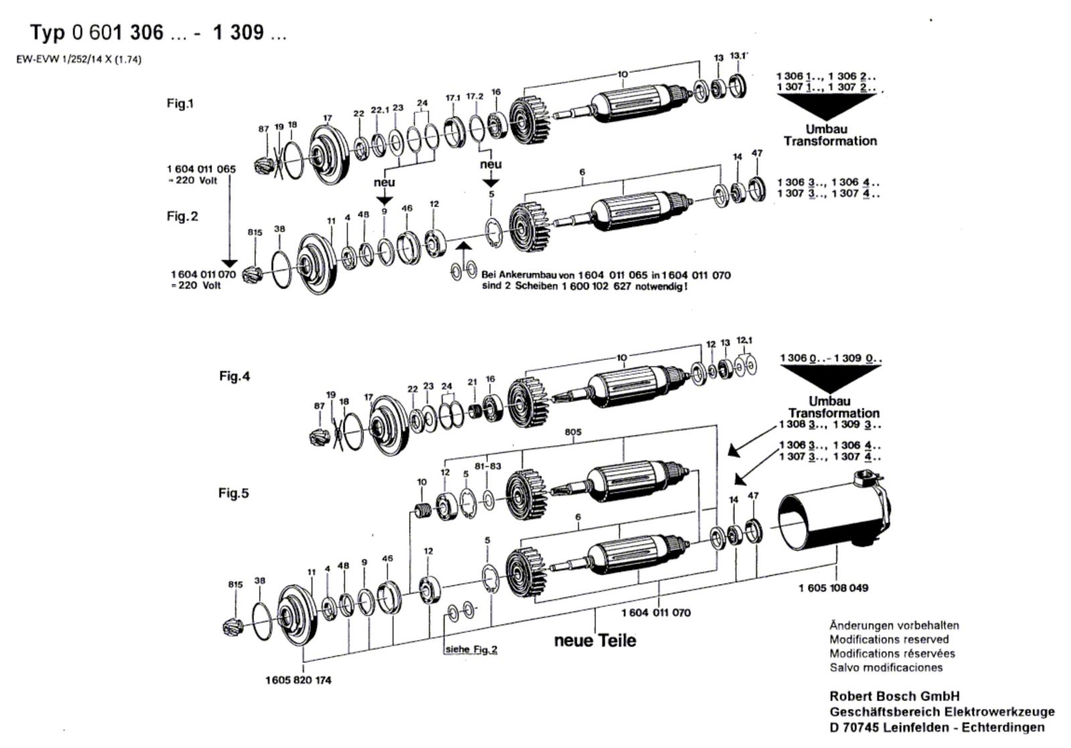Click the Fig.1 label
point(180,103)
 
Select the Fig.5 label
point(234,493)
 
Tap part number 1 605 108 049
point(833,587)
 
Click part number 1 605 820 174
point(298,680)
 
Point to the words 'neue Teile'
point(595,640)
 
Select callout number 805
point(573,432)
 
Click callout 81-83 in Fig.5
point(488,466)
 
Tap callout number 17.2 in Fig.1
point(474,96)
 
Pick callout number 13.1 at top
point(739,56)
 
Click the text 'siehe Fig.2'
point(472,650)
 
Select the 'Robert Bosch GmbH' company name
point(895,696)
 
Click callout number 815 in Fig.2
point(255,232)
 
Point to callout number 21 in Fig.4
point(472,382)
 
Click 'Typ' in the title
point(48,33)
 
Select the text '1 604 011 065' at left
point(202,169)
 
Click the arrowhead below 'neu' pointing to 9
point(384,200)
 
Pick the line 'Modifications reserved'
point(889,639)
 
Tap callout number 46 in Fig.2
point(407,208)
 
